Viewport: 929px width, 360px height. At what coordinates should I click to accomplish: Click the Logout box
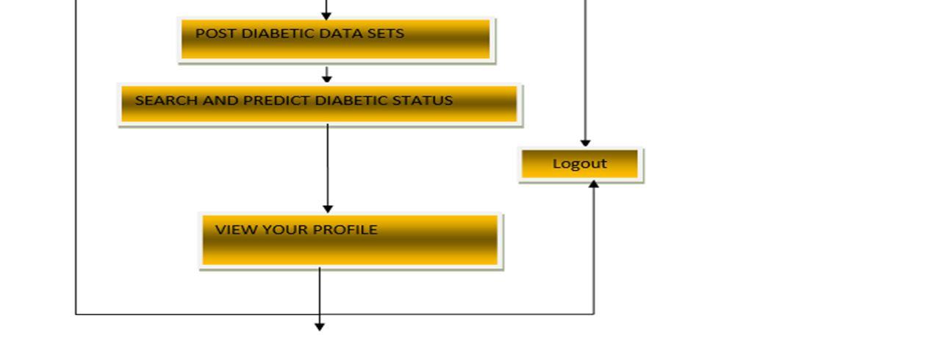point(580,165)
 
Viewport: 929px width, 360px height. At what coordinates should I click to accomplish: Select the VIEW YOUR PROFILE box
point(351,240)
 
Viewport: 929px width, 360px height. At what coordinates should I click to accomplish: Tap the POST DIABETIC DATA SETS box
point(336,39)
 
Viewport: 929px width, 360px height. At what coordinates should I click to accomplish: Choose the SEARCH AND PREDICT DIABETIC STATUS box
point(320,104)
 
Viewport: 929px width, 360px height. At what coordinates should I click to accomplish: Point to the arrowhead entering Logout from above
point(585,143)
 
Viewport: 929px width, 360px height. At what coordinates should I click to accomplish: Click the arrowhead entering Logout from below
point(594,184)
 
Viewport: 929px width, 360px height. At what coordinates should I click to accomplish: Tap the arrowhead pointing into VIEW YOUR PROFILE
point(328,209)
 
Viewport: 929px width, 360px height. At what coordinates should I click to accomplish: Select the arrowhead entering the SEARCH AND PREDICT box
point(327,79)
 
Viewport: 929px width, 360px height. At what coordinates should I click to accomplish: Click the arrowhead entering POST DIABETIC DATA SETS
point(326,15)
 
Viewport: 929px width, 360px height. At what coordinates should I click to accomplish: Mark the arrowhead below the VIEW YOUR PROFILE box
point(320,326)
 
